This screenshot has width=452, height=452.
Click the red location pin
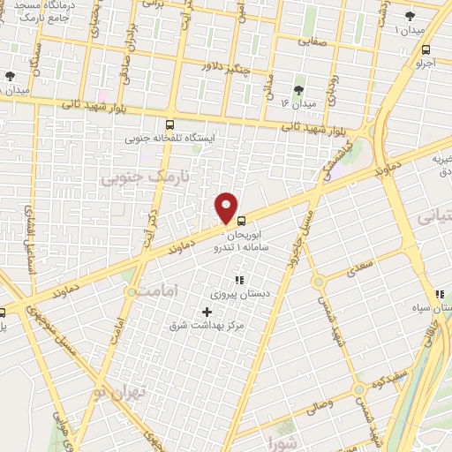[228, 208]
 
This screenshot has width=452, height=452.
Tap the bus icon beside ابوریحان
[240, 215]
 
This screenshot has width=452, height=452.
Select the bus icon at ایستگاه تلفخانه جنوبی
[170, 124]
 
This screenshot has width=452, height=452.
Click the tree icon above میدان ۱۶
[298, 89]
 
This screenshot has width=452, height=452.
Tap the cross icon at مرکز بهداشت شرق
[207, 312]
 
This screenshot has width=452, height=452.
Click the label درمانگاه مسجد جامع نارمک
[43, 12]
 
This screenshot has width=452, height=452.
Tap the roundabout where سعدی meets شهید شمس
[319, 282]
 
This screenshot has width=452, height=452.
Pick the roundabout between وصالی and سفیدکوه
[359, 390]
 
